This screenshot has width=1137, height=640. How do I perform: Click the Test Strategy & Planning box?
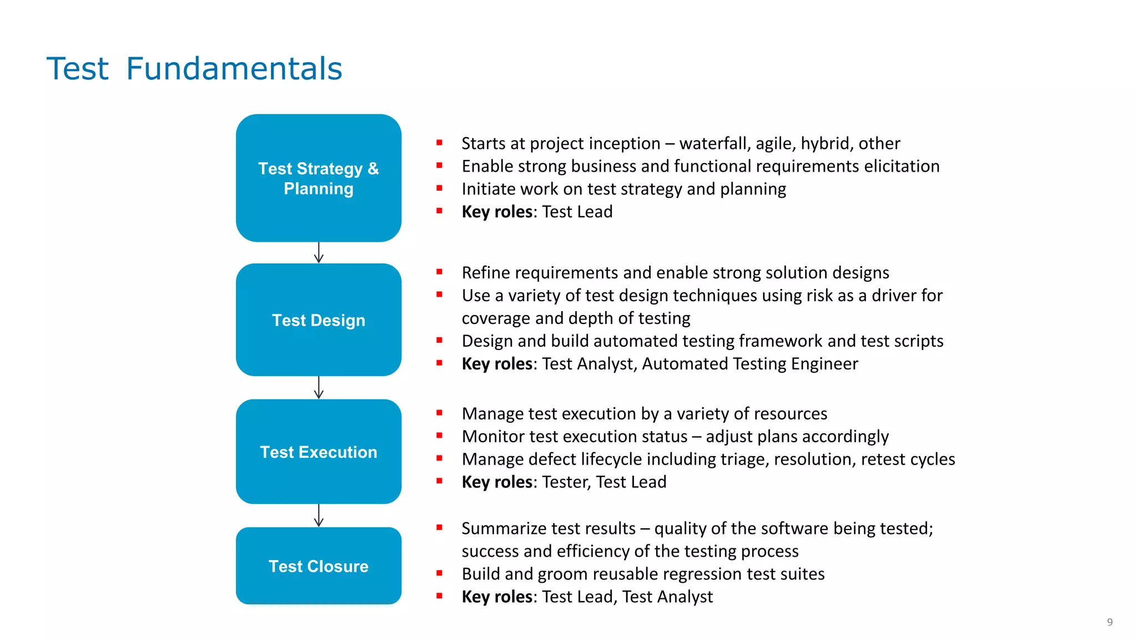point(318,178)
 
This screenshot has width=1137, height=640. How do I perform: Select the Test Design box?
point(318,320)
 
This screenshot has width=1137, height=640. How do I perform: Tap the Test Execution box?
point(318,452)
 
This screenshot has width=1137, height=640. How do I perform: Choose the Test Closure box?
point(318,566)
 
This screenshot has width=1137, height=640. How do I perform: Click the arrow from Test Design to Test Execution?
point(319,388)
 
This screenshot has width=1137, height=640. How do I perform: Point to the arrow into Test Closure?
point(319,516)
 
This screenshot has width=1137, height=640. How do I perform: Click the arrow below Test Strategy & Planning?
point(319,253)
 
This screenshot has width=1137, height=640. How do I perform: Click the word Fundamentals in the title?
point(234,69)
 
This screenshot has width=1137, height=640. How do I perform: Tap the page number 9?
point(1109,622)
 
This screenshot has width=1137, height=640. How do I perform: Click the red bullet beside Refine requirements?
point(439,272)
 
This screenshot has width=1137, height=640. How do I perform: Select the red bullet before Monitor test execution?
point(439,436)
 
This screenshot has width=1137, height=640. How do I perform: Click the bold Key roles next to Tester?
point(497,482)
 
